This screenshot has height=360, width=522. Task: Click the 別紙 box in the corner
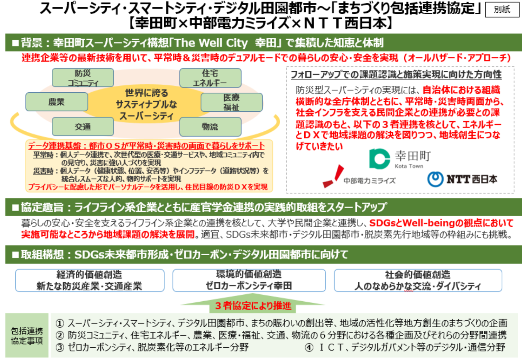point(502,9)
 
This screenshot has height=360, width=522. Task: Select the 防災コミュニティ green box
point(83,78)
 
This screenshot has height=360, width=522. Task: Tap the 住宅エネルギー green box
point(210,78)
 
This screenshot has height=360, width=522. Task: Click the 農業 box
point(56,102)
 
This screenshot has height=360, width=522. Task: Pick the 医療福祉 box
point(231,102)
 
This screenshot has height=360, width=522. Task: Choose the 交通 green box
point(83,126)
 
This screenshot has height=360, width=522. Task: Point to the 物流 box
point(210,126)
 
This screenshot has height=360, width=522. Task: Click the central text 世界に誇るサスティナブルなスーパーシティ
point(146,104)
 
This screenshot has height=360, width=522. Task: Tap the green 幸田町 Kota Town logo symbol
point(379,159)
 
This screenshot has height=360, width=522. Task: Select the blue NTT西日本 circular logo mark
point(435,179)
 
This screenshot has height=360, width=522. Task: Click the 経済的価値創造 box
point(90,280)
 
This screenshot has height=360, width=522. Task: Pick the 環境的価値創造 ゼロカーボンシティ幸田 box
point(249,280)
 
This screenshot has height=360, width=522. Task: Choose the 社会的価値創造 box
point(418,280)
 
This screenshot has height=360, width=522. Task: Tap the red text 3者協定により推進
point(253,306)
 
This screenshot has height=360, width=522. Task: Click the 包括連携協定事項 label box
point(27,335)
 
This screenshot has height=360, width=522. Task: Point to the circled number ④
point(309,347)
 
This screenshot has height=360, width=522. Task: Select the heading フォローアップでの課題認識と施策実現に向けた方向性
point(396,75)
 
